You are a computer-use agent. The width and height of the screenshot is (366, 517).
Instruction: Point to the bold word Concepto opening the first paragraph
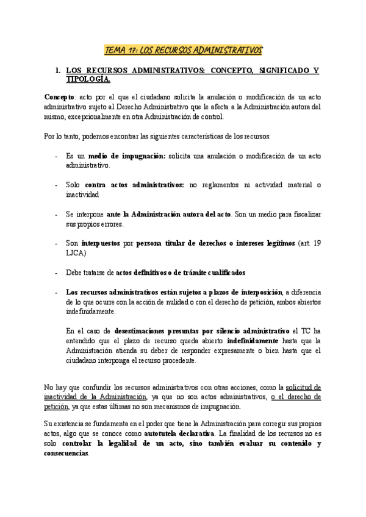click(x=59, y=97)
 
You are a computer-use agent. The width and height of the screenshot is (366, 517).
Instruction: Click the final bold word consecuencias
click(x=66, y=454)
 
